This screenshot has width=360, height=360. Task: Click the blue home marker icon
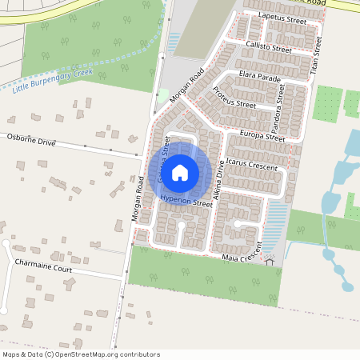click(x=180, y=172)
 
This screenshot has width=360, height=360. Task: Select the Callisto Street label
click(x=269, y=48)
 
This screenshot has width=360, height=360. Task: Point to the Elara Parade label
click(x=260, y=78)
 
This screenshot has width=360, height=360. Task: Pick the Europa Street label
click(x=262, y=136)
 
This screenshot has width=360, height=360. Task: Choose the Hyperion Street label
click(x=186, y=202)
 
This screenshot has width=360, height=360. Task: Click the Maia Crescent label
click(x=240, y=256)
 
